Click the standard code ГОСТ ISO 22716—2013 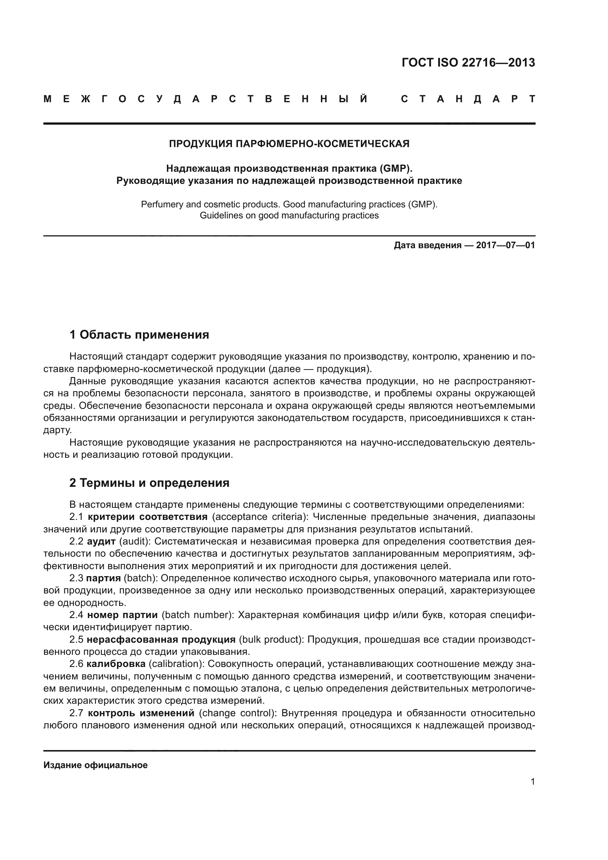[x=468, y=63]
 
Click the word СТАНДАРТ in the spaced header [x=468, y=99]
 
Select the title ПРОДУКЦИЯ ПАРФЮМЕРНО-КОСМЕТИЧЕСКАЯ [x=289, y=144]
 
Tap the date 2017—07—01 [x=505, y=246]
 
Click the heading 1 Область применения [x=139, y=335]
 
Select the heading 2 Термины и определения [x=149, y=483]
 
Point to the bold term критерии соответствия [x=147, y=517]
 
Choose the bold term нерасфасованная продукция [x=161, y=639]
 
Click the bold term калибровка [x=116, y=664]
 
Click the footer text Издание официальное [x=96, y=765]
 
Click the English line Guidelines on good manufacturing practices [x=289, y=216]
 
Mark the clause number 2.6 [x=76, y=664]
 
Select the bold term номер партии [x=122, y=615]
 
